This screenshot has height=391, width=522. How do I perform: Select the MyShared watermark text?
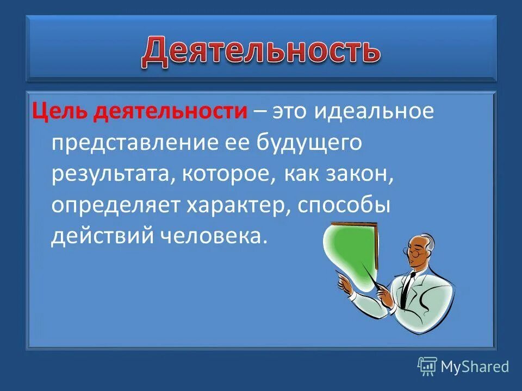point(475,367)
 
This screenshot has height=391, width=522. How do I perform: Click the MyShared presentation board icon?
point(427,367)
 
